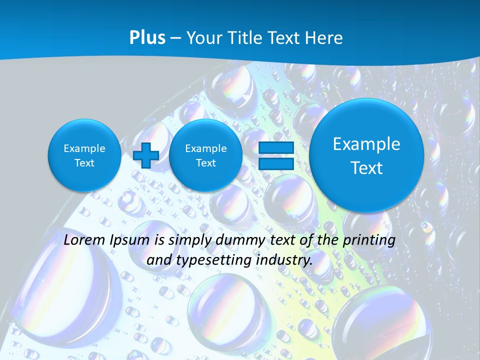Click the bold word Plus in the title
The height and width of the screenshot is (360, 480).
click(x=147, y=38)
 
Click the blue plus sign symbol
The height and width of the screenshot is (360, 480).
click(x=146, y=155)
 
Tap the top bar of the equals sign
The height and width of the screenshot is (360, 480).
click(x=276, y=148)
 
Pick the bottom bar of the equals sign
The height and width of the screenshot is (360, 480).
click(x=276, y=163)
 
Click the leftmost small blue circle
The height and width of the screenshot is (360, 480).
click(x=84, y=155)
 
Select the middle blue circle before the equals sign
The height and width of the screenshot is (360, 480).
click(x=205, y=155)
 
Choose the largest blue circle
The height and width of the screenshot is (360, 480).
click(x=366, y=155)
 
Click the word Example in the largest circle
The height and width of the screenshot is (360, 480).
click(x=366, y=144)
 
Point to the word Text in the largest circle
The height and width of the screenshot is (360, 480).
click(x=366, y=168)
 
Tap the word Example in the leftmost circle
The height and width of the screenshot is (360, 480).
click(x=84, y=148)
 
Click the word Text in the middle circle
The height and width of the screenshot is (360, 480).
click(x=205, y=163)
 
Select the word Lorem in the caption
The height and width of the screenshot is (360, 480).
click(x=85, y=240)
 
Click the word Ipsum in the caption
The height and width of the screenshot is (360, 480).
click(x=130, y=240)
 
